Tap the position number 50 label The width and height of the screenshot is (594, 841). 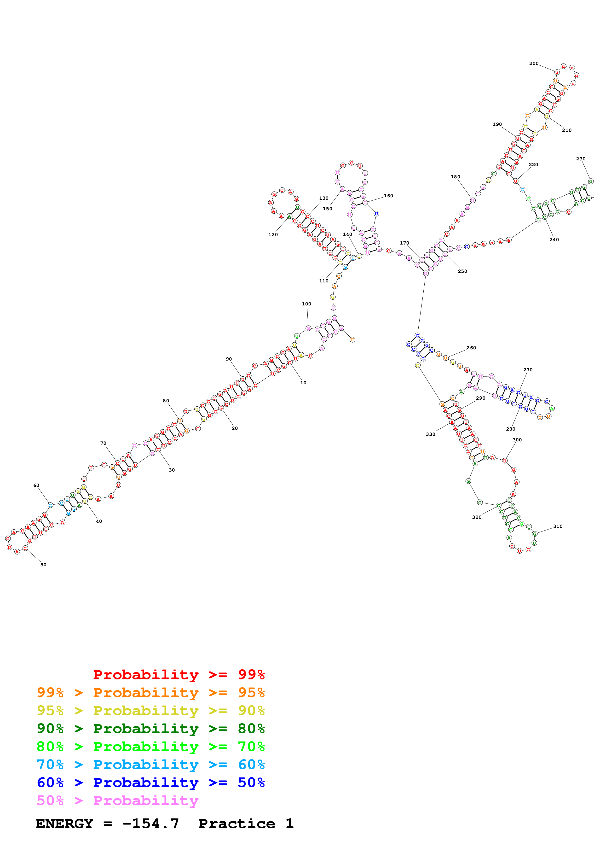coord(43,564)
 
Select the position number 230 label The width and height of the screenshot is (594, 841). coord(580,159)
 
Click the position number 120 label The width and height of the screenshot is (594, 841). coord(273,234)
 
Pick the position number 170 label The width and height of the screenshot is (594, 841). coord(404,243)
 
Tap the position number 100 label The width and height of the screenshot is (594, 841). coord(306,304)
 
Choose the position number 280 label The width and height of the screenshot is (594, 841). coord(511,429)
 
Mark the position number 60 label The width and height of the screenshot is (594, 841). coord(36,485)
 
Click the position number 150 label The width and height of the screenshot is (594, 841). coord(328,209)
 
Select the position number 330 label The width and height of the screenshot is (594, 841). coord(430,434)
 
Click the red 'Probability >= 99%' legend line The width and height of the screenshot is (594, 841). coord(179,674)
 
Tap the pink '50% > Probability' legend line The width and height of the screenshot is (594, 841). coord(117,800)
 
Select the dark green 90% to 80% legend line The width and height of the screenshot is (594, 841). coord(150,728)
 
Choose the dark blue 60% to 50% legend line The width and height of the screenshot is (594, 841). coord(150,783)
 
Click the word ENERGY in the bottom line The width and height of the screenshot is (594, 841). coord(64,823)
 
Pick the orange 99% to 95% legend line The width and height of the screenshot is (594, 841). coord(150,692)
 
